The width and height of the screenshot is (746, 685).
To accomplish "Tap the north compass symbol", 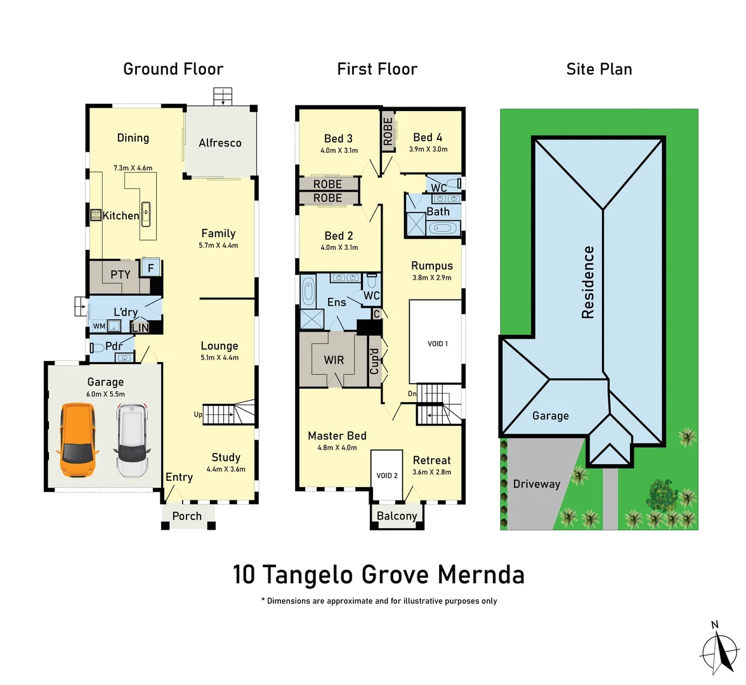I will pos(719,649).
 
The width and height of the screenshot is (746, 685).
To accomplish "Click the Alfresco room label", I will pos(219,143).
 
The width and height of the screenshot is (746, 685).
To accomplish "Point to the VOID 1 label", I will pos(437,344).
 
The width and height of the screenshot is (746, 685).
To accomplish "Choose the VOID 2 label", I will pos(387,475).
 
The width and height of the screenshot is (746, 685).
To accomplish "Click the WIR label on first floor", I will pos(334,360).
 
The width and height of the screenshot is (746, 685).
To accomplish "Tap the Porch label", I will pos(186,516).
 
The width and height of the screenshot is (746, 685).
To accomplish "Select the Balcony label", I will pos(396,516).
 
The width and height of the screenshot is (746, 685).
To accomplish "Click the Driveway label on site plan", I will pos(537,484).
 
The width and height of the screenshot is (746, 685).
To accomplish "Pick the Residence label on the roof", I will pos(588,282).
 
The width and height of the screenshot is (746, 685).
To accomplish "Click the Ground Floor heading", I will pos(173,69).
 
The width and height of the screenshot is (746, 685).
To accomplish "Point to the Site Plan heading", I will pos(599,69).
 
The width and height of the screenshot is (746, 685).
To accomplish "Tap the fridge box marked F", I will pos(151,268).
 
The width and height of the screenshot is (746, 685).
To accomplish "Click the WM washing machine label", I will pos(99,327).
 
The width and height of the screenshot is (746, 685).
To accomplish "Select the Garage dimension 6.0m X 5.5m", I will pos(105,394).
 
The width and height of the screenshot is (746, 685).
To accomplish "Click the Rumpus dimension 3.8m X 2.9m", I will pos(432,278).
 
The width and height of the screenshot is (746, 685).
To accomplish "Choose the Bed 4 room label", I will pos(428,138).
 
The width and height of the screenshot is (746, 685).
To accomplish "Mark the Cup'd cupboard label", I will pos(374,361).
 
